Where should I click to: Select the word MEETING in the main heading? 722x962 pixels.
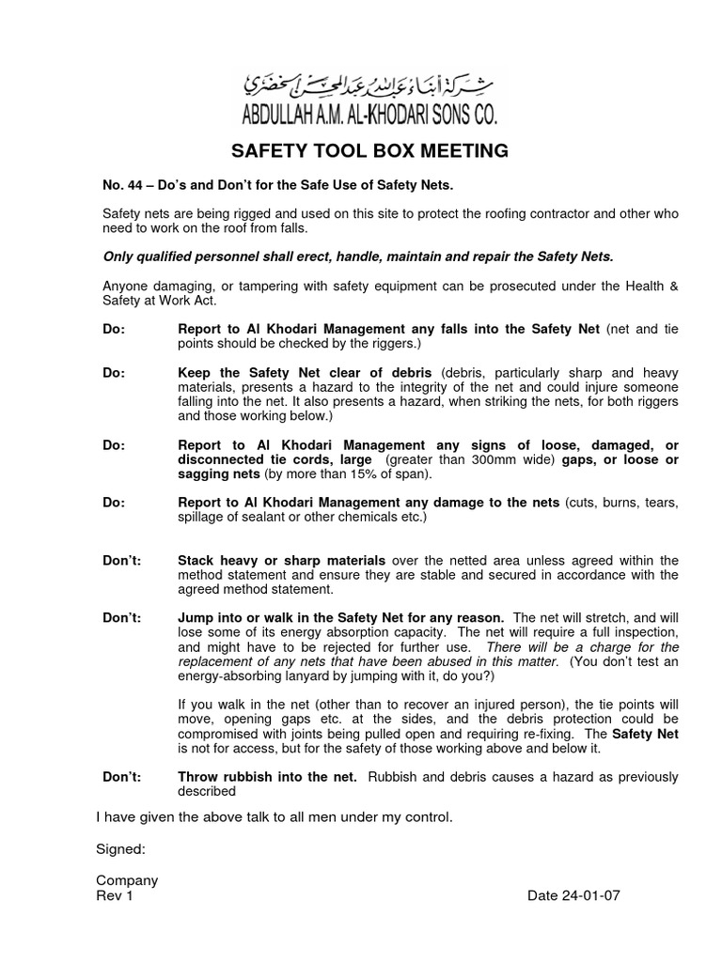point(456,150)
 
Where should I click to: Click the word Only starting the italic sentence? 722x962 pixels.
point(118,256)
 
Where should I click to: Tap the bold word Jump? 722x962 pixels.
point(196,618)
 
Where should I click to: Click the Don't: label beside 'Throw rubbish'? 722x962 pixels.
point(121,776)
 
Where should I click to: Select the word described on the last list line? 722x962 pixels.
point(207,791)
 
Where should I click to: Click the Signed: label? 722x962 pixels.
point(120,849)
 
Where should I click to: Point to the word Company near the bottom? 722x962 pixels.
point(127,880)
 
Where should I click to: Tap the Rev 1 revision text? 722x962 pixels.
point(116,895)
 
